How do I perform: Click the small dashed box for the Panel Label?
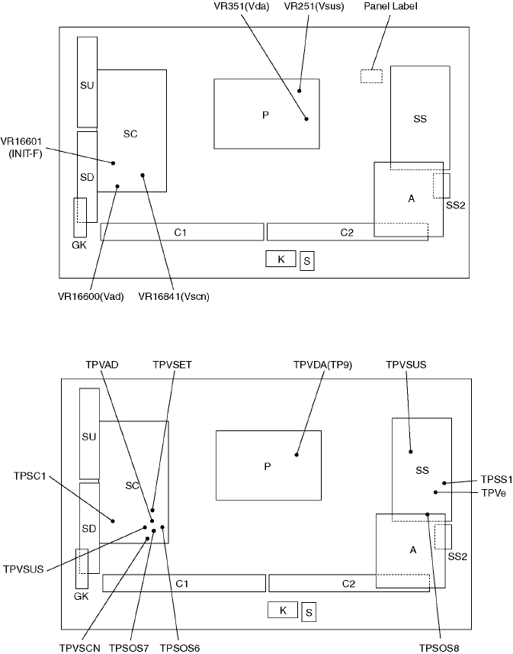pyautogui.click(x=371, y=76)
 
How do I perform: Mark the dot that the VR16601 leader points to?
pyautogui.click(x=114, y=163)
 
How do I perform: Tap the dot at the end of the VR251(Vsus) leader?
pyautogui.click(x=300, y=90)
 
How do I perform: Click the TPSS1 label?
pyautogui.click(x=496, y=479)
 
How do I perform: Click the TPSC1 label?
pyautogui.click(x=30, y=476)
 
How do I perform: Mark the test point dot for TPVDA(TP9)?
pyautogui.click(x=297, y=456)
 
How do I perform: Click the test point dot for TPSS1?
pyautogui.click(x=444, y=483)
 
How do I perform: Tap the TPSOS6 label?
pyautogui.click(x=179, y=649)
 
